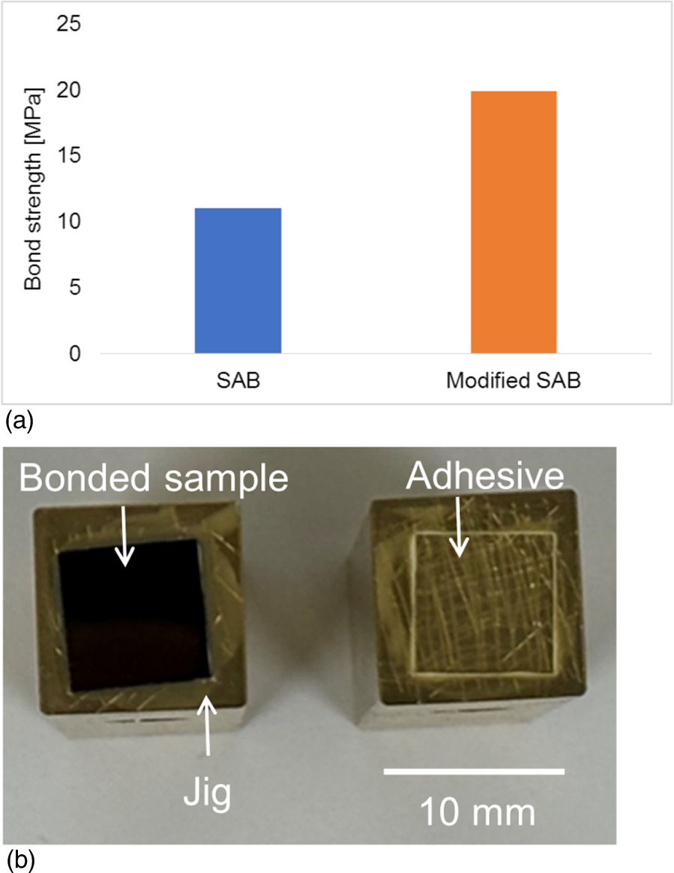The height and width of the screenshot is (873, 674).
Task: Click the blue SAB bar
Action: pos(238,280)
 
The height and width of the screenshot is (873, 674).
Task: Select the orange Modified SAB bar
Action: pos(513,222)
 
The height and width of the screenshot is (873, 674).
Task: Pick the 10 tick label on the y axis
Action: pos(68,223)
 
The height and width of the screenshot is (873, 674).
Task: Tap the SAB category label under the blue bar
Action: pos(238,380)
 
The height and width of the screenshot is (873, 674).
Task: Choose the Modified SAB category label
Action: pos(514,380)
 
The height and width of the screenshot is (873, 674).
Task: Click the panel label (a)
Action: pos(19,421)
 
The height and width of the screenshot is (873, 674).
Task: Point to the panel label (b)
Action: pos(19,858)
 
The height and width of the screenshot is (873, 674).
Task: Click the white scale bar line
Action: pos(475,771)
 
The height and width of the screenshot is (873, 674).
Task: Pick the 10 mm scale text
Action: pos(477,811)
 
